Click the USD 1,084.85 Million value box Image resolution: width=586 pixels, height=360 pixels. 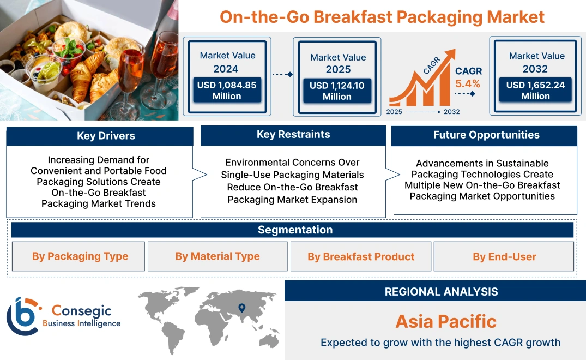pyautogui.click(x=226, y=90)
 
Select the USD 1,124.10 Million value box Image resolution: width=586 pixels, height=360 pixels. pyautogui.click(x=337, y=91)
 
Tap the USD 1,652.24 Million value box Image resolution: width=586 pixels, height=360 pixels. pyautogui.click(x=535, y=90)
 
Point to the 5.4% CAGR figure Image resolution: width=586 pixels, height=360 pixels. pyautogui.click(x=468, y=83)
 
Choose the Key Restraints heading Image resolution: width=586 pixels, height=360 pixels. pyautogui.click(x=293, y=135)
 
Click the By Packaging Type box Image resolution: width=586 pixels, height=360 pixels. pyautogui.click(x=80, y=256)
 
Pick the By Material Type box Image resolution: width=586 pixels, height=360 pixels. pyautogui.click(x=218, y=256)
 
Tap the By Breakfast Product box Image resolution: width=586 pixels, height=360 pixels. pyautogui.click(x=361, y=257)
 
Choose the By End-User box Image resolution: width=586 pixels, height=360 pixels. pyautogui.click(x=504, y=257)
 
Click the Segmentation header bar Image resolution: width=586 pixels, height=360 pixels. pyautogui.click(x=295, y=230)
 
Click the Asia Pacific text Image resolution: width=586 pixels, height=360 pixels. pyautogui.click(x=446, y=321)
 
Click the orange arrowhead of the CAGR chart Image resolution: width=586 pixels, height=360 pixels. pyautogui.click(x=450, y=55)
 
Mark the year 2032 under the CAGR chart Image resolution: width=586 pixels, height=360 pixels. pyautogui.click(x=451, y=112)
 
